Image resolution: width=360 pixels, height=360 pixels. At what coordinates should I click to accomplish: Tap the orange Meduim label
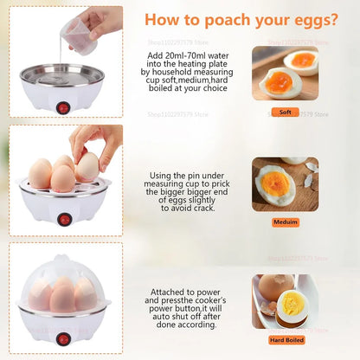pyautogui.click(x=285, y=222)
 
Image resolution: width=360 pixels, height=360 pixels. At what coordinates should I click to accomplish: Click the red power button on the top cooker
pyautogui.click(x=62, y=108)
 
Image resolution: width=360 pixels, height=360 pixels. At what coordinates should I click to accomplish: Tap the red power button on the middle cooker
pyautogui.click(x=64, y=220)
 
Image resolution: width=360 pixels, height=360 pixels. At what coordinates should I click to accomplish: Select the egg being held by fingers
pyautogui.click(x=87, y=165)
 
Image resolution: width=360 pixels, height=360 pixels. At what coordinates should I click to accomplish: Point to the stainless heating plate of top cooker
pyautogui.click(x=61, y=77)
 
